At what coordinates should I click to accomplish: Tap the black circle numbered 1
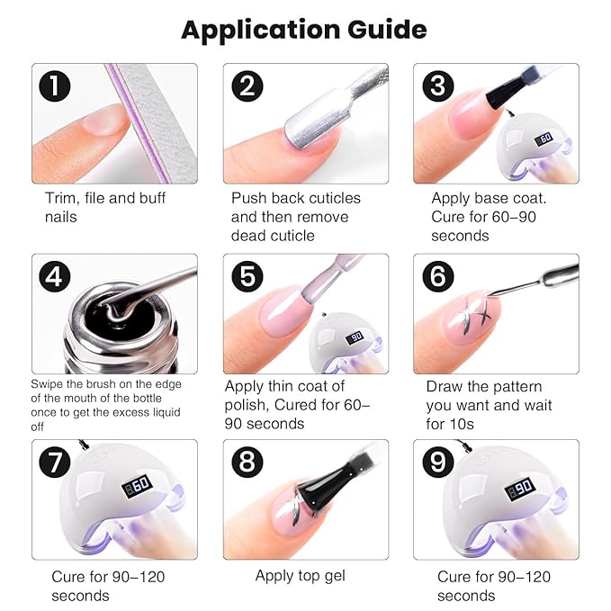(57, 86)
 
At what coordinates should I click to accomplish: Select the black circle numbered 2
(247, 86)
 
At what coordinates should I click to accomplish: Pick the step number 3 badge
(438, 86)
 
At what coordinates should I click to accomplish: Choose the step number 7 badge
(57, 463)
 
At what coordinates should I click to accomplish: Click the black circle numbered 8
(247, 463)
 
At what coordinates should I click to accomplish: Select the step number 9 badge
(438, 463)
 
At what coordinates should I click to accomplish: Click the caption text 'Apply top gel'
(300, 576)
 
